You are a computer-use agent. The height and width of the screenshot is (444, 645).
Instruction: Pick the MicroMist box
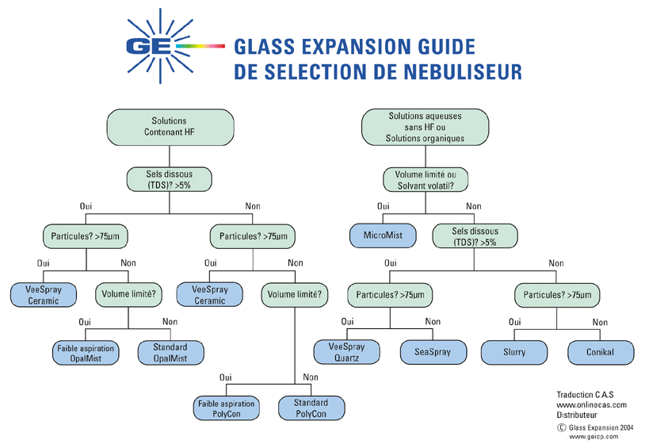pyautogui.click(x=384, y=235)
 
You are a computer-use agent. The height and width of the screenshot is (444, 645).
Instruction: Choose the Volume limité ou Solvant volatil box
pyautogui.click(x=426, y=180)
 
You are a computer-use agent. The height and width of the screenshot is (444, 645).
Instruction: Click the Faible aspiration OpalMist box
pyautogui.click(x=85, y=353)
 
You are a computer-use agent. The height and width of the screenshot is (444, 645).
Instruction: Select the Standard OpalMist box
pyautogui.click(x=171, y=353)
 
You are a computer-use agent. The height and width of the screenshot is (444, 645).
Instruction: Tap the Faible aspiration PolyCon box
pyautogui.click(x=225, y=408)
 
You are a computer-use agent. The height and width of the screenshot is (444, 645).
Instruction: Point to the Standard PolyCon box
pyautogui.click(x=313, y=408)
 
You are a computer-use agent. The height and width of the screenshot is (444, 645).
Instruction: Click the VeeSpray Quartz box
pyautogui.click(x=347, y=351)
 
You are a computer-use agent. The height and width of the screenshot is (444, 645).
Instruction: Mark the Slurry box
pyautogui.click(x=514, y=351)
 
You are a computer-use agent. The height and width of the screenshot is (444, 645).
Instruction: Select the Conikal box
pyautogui.click(x=601, y=351)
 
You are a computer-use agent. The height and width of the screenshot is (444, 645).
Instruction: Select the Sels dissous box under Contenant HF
pyautogui.click(x=170, y=179)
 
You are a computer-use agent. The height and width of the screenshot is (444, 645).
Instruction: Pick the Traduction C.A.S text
pyautogui.click(x=586, y=394)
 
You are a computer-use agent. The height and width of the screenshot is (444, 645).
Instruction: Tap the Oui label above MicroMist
pyautogui.click(x=384, y=207)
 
